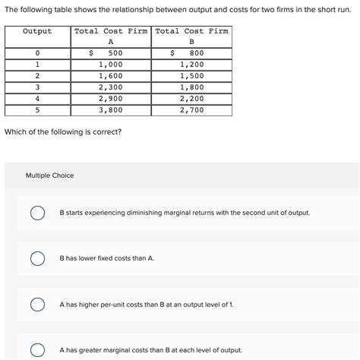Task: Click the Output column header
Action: pos(37,32)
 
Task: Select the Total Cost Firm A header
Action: pos(111,36)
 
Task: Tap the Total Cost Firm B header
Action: pos(192,36)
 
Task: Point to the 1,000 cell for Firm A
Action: pos(111,65)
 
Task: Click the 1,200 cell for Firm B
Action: pos(191,65)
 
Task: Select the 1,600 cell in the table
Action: pos(111,76)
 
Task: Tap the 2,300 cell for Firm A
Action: pos(111,87)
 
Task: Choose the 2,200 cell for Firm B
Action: pos(191,99)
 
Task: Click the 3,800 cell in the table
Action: pos(111,110)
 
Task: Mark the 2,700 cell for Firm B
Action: pos(191,110)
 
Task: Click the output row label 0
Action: pos(37,53)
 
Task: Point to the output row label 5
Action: pos(37,110)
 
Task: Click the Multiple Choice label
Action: pos(50,175)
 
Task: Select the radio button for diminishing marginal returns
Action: pos(36,213)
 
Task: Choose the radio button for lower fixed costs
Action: pos(36,259)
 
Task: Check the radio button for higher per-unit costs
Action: pos(36,305)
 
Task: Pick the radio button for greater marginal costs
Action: pos(36,350)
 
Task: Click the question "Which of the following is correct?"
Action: pos(62,132)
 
